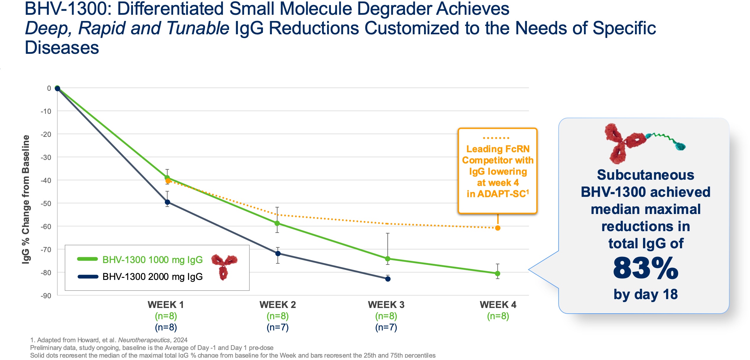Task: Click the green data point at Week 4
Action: tap(498, 273)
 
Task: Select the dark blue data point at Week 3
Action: tap(388, 279)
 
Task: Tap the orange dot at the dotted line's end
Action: tap(498, 228)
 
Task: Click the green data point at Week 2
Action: tap(277, 223)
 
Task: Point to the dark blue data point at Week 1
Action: tap(167, 202)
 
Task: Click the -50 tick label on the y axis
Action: tap(46, 204)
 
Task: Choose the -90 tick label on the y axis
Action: tap(46, 296)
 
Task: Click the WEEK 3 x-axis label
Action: tap(386, 305)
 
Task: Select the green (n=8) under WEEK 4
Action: tap(498, 316)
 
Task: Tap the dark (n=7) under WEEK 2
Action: tap(277, 327)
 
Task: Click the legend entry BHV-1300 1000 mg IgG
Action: tap(152, 260)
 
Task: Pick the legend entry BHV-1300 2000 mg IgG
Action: tap(152, 277)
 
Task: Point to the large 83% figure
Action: tap(646, 268)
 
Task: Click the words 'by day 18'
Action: tap(646, 294)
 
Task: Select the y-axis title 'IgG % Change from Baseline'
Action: tap(26, 200)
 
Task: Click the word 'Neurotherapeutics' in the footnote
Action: tap(144, 340)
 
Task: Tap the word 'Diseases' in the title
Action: tap(62, 48)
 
